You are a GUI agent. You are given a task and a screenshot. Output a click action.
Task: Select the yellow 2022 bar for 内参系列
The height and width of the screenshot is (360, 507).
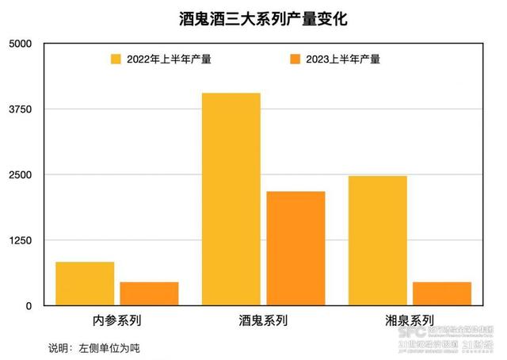[x=85, y=283]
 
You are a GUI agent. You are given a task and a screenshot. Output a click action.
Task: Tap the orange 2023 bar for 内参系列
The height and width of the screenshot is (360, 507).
[x=149, y=293]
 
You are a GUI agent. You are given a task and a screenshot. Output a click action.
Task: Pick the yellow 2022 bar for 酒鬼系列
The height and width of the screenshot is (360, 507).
[x=231, y=199]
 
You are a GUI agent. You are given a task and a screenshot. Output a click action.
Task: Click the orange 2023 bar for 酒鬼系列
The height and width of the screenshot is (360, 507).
[x=295, y=248]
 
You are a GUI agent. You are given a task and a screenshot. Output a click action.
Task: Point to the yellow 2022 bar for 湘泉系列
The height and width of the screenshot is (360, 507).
[x=377, y=240]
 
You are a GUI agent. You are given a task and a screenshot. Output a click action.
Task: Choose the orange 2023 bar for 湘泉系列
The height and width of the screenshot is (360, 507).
[x=441, y=293]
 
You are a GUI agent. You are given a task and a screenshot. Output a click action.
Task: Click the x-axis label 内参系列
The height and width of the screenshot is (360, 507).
[x=116, y=322]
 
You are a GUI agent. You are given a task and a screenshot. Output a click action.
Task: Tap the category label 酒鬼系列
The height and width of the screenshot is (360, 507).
[x=263, y=322]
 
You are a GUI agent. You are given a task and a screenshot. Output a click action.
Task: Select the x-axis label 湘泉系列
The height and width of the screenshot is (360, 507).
[x=409, y=322]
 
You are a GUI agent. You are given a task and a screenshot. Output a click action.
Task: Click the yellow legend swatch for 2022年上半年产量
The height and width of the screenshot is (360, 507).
[x=116, y=59]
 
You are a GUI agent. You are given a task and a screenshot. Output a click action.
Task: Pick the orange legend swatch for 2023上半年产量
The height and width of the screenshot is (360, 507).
[x=296, y=59]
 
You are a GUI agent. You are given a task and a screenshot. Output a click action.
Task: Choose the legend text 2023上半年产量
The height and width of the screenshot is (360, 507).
[x=344, y=59]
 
